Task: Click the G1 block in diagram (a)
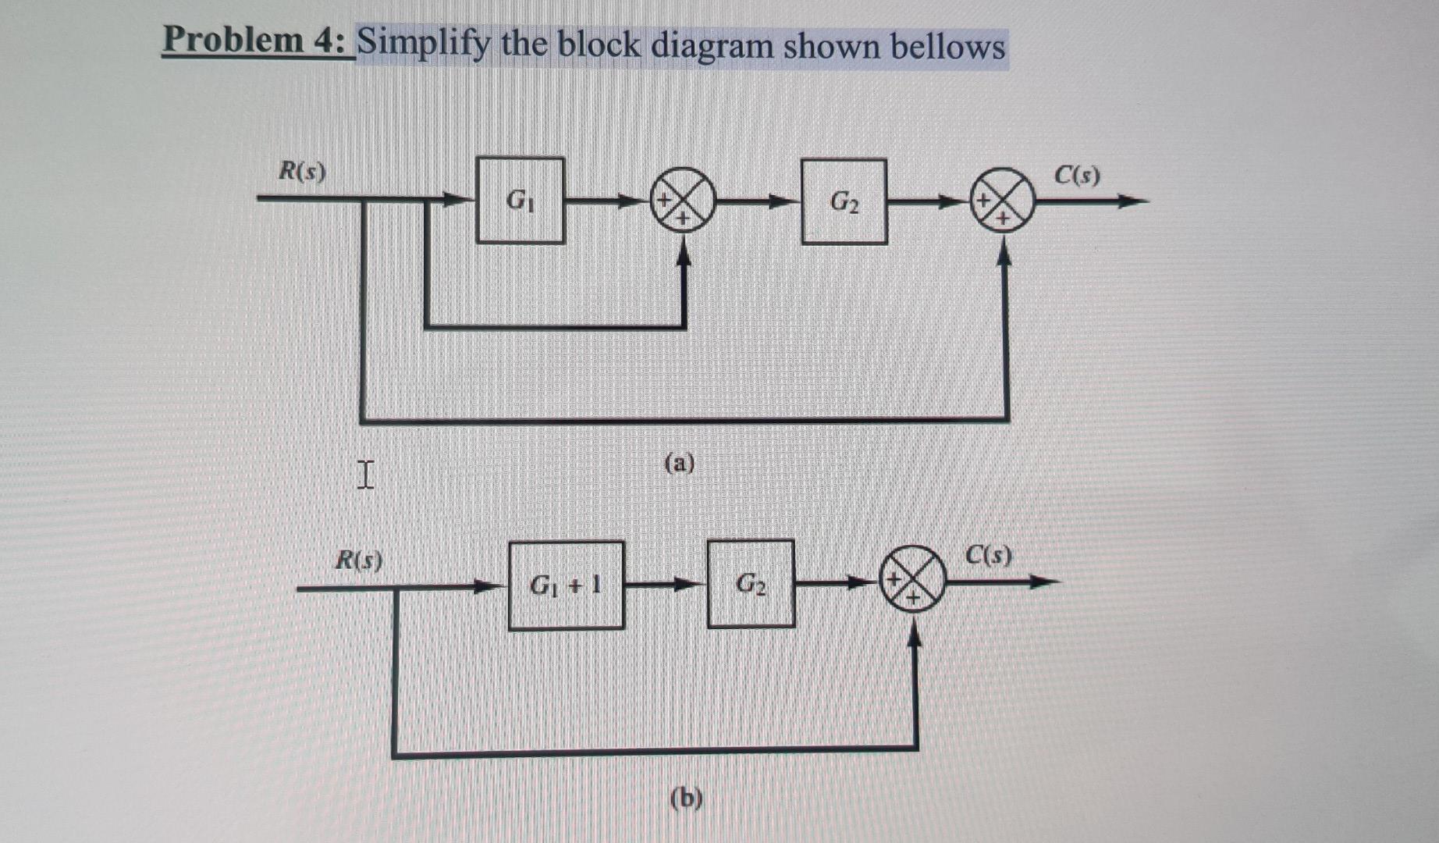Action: (520, 201)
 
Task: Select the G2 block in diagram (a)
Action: (844, 202)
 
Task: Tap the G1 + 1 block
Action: (566, 585)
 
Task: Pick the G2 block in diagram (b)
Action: (751, 584)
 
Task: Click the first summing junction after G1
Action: (683, 201)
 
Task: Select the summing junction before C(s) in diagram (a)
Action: (1002, 201)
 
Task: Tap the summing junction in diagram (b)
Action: (912, 579)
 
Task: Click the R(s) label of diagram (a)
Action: (303, 170)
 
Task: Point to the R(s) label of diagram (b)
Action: (358, 559)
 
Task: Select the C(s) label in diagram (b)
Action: (988, 554)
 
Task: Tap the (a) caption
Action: (679, 463)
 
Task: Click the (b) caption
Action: (686, 798)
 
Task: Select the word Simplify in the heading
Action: (423, 44)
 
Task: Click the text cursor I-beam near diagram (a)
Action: (365, 474)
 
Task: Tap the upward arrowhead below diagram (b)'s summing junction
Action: (915, 637)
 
